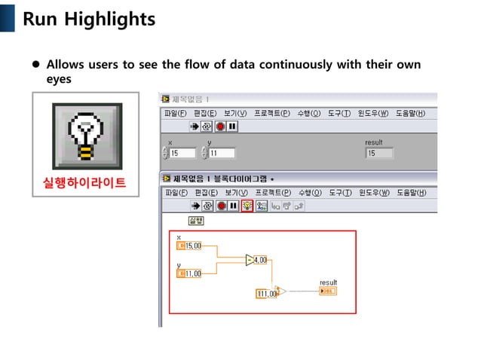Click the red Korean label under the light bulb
[85, 183]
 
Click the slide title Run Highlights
[89, 19]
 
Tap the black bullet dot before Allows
[35, 66]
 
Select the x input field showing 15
[182, 153]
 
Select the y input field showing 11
[221, 153]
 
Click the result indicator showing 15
[379, 153]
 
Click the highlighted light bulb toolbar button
[247, 206]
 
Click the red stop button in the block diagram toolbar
[221, 206]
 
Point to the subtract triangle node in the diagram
[250, 260]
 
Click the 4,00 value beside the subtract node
[261, 260]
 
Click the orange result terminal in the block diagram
[328, 291]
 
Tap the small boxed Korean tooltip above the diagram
[195, 221]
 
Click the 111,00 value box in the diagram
[267, 294]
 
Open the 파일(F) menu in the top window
[176, 113]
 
